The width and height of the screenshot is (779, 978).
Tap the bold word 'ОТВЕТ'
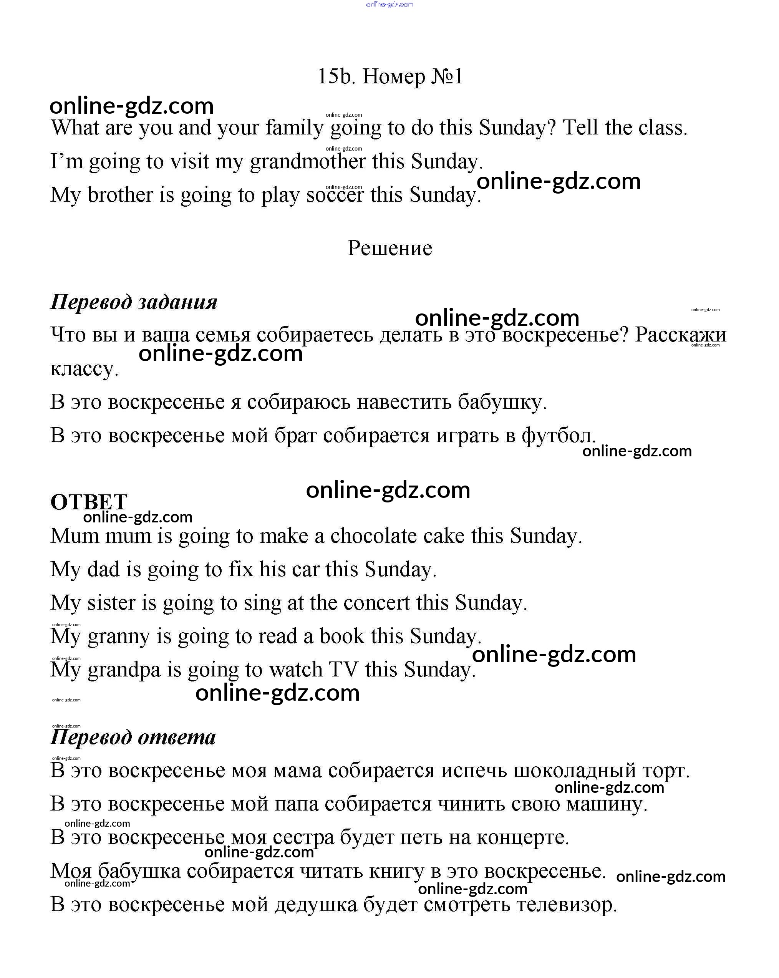[x=89, y=502]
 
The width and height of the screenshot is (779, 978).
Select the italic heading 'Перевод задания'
[x=134, y=302]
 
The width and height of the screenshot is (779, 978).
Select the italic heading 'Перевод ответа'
[x=133, y=737]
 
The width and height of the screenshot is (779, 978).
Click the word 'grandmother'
[x=308, y=161]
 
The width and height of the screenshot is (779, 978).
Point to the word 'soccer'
[x=335, y=195]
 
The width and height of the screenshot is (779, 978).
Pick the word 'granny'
[x=118, y=637]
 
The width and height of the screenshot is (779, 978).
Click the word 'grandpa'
[x=124, y=670]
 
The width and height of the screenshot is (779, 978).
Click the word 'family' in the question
[x=294, y=128]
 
